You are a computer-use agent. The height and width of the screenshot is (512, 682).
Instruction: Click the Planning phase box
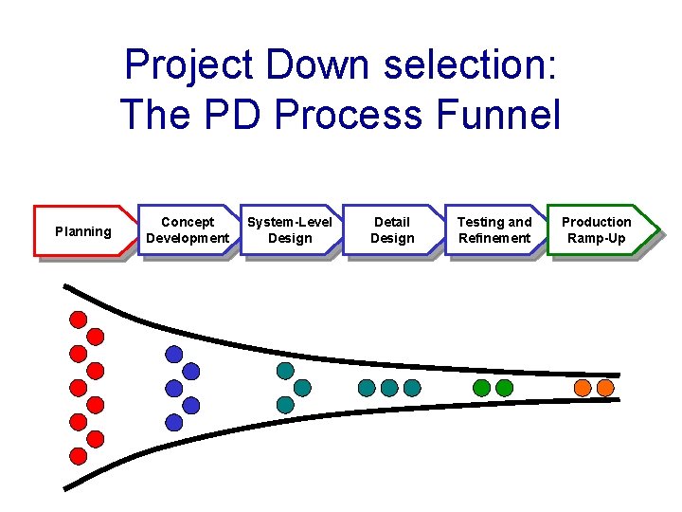pos(83,230)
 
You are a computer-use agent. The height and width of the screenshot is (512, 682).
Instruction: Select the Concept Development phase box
pos(188,230)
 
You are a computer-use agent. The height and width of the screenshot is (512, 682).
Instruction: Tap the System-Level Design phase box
pos(290,230)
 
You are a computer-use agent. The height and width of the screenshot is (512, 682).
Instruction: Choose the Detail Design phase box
pos(392,230)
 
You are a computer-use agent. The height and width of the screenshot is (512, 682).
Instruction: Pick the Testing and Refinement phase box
pos(494,230)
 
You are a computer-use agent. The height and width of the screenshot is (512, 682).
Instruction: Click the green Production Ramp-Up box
pos(599,230)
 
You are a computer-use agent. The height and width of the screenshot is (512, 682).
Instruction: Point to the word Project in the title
pos(190,65)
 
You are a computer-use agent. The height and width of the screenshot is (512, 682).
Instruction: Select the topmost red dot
pos(79,319)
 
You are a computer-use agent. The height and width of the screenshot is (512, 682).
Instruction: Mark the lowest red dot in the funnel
pos(79,456)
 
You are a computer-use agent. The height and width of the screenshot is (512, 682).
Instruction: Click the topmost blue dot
pos(173,354)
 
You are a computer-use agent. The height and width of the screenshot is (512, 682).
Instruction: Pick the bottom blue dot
pos(173,422)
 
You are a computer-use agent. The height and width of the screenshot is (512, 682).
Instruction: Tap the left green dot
pos(481,387)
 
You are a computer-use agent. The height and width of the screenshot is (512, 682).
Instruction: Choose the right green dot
pos(504,387)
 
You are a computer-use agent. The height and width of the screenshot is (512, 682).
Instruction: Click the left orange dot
pos(583,387)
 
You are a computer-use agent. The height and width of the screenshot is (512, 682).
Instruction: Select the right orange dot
pos(605,387)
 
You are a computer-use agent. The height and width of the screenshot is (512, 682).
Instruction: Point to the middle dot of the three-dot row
pos(389,387)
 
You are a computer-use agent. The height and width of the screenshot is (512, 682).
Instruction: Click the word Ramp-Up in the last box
pos(597,239)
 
